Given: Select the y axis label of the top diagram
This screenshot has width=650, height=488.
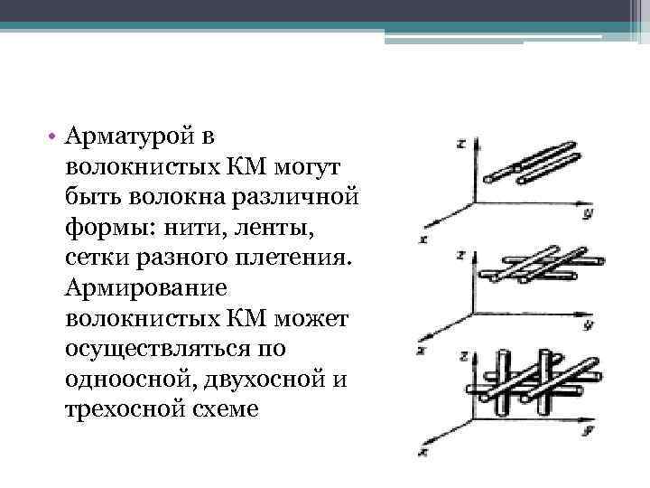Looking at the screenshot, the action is coord(587,214).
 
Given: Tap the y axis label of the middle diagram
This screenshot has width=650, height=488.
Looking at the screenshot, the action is coord(588,323).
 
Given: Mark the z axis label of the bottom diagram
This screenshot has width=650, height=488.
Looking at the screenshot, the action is coord(460,356).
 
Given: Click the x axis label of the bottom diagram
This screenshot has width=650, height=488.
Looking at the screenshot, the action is coord(422,448).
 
